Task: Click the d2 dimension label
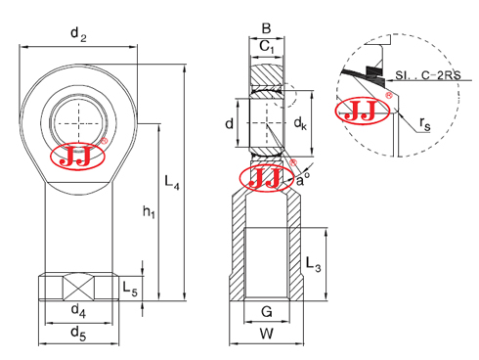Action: point(78,35)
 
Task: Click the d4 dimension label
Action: point(78,313)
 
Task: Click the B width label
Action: point(266,28)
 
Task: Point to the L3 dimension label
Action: point(312,263)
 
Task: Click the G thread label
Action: point(266,313)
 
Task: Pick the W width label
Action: point(266,334)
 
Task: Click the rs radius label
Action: point(426,123)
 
